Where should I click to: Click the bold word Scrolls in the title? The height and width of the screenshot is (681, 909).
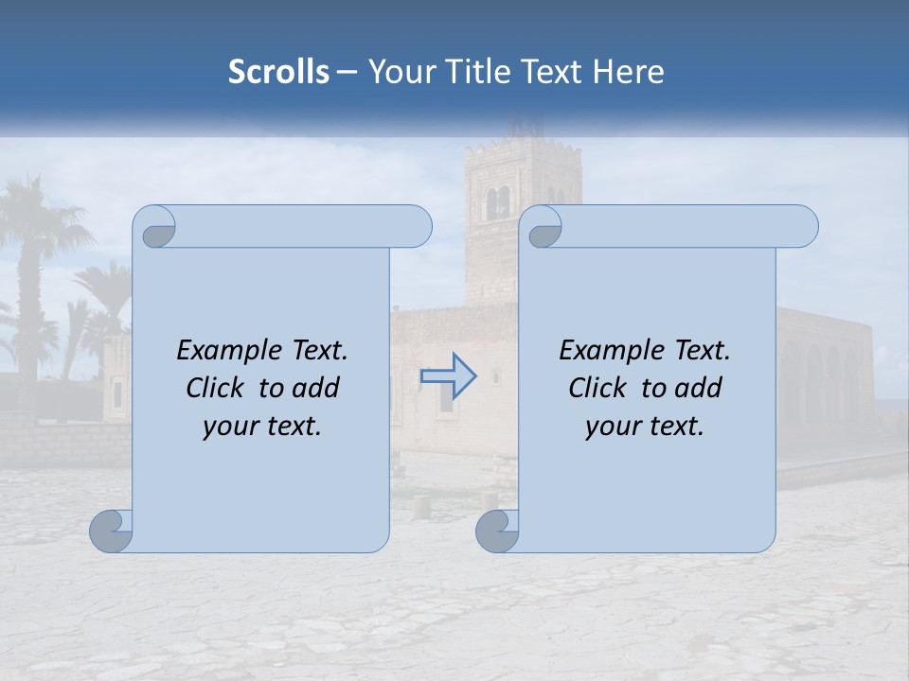(278, 72)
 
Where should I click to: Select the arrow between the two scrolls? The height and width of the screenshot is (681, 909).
(448, 376)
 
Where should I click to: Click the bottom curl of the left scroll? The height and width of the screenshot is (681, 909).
(111, 531)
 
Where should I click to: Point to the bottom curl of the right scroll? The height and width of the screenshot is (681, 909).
(496, 531)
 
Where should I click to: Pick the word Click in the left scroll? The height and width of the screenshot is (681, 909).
(214, 388)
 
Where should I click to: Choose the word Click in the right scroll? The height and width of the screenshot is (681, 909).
(597, 388)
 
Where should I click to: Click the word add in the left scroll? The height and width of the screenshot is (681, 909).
(316, 388)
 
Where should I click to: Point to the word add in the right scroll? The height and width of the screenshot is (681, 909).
(699, 388)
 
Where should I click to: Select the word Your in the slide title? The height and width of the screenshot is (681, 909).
(397, 72)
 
